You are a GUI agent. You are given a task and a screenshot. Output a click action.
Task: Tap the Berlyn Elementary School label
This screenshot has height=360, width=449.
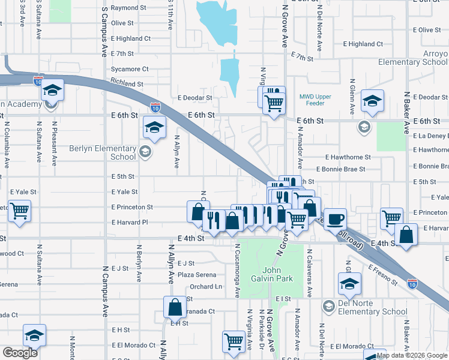click(x=103, y=152)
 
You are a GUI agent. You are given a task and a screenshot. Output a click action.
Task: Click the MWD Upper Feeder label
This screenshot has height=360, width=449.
click(x=315, y=100)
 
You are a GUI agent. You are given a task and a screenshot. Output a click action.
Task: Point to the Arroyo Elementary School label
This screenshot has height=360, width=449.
click(x=413, y=58)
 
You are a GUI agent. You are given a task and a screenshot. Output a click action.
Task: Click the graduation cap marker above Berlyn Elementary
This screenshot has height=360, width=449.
click(x=154, y=127)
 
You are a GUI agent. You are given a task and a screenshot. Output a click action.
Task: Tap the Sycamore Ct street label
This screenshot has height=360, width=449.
click(x=129, y=70)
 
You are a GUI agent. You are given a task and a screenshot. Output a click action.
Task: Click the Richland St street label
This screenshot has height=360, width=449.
click(x=127, y=85)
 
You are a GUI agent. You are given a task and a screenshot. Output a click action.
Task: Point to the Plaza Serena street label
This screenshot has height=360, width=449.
click(x=196, y=275)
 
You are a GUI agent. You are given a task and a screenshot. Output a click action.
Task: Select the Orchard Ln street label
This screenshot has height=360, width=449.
click(x=206, y=287)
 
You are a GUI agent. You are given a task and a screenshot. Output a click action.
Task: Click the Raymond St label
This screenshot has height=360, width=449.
click(x=128, y=8)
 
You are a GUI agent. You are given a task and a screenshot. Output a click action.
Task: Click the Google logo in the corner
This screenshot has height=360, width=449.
click(x=20, y=353)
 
